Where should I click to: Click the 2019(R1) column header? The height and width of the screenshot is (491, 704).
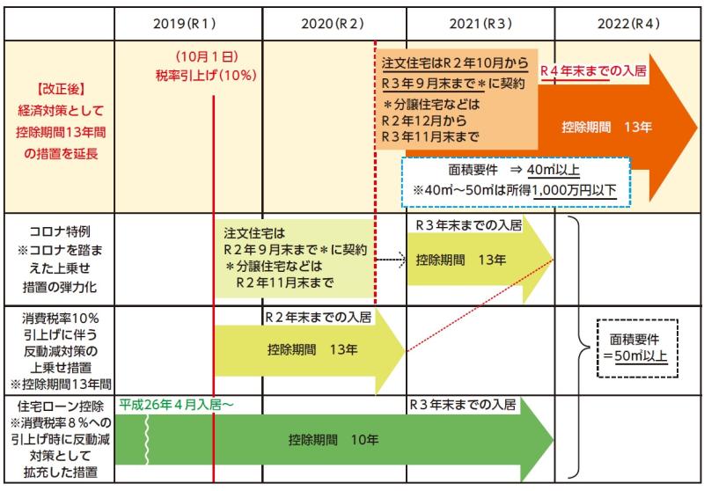[184, 24]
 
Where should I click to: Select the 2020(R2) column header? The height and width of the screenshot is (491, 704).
[333, 24]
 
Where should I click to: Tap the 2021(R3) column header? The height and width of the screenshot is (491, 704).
[480, 24]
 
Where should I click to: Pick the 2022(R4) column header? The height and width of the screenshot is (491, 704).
[628, 24]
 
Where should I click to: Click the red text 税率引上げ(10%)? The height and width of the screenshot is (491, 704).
[206, 76]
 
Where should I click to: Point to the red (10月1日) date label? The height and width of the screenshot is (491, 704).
[207, 56]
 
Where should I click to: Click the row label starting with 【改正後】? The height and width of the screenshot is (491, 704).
[60, 121]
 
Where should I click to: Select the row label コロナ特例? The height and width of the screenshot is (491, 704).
[60, 231]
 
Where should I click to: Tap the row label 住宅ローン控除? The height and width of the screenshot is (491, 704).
[60, 407]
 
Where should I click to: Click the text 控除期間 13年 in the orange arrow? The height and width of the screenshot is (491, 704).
[606, 127]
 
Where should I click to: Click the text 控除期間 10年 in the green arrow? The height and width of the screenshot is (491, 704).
[334, 439]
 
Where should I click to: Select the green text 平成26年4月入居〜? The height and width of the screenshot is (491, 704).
[176, 405]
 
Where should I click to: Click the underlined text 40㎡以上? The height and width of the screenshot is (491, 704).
[554, 170]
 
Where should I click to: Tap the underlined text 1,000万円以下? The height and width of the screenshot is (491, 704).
[575, 190]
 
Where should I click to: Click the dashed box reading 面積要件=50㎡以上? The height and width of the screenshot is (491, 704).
[637, 348]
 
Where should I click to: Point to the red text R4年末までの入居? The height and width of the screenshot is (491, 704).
[593, 70]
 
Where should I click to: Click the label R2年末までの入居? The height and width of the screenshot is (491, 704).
[318, 318]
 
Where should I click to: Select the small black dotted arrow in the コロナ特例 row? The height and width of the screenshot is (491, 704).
[391, 260]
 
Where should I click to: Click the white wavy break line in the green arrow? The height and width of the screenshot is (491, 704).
[146, 439]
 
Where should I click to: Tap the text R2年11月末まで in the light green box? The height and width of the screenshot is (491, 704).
[284, 282]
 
